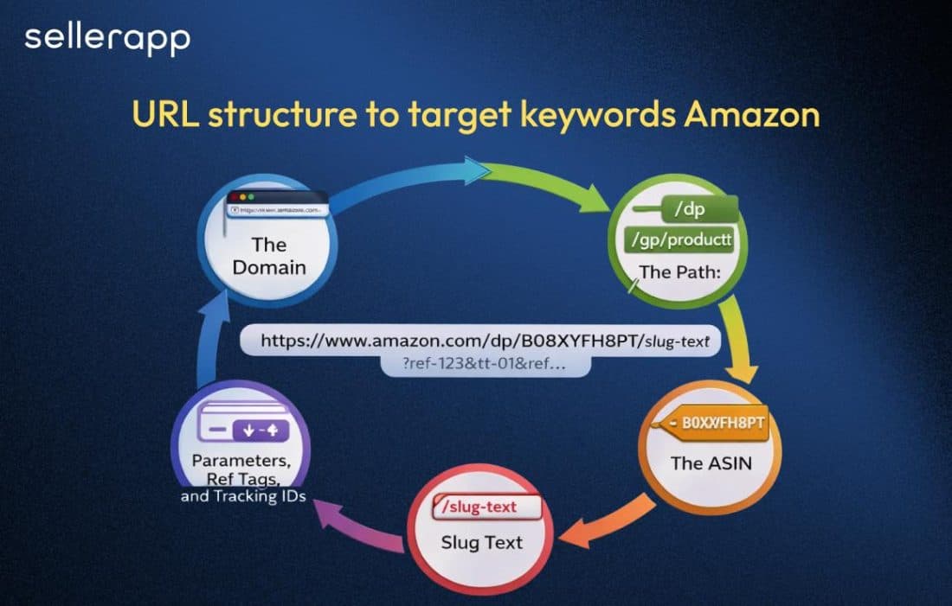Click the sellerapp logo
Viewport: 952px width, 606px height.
[x=107, y=39]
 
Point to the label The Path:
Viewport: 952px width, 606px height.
[x=679, y=272]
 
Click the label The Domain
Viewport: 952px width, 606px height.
[x=269, y=257]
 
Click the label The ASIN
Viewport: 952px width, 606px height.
[x=711, y=463]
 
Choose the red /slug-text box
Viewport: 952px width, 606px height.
[x=489, y=507]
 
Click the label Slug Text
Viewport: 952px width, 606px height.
[x=483, y=543]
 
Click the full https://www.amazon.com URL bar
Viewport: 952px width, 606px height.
[x=480, y=341]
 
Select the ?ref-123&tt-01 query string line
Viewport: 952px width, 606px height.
[x=485, y=365]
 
